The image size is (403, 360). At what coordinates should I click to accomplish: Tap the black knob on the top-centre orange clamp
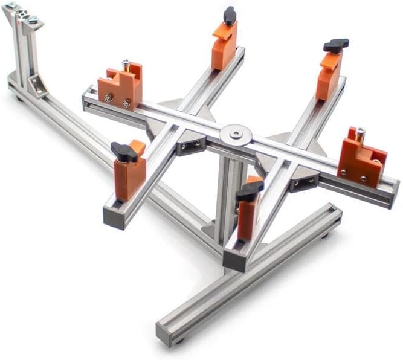pyautogui.click(x=230, y=15)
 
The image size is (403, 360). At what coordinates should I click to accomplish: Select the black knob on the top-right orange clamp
pyautogui.click(x=336, y=45)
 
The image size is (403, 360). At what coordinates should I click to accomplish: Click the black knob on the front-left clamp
pyautogui.click(x=124, y=152)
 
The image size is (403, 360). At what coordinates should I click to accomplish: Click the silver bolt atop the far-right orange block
pyautogui.click(x=360, y=131)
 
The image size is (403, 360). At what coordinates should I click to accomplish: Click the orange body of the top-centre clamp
pyautogui.click(x=224, y=45)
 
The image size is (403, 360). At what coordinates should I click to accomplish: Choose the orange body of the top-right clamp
pyautogui.click(x=328, y=76)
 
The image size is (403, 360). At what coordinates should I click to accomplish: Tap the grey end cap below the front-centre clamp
pyautogui.click(x=234, y=260)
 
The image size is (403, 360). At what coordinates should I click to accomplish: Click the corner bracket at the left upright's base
pyautogui.click(x=37, y=86)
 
